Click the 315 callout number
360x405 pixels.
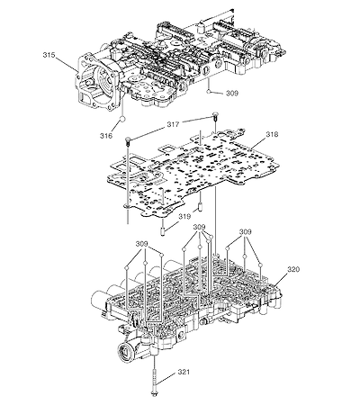click(49, 55)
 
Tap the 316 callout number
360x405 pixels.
click(106, 136)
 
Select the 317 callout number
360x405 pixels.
click(173, 124)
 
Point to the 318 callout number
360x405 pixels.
click(272, 134)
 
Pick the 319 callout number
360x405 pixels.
click(185, 216)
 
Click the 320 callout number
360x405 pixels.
click(293, 269)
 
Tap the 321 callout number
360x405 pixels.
click(184, 372)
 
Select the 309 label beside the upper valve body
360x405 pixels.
click(232, 94)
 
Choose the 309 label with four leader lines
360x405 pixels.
click(199, 227)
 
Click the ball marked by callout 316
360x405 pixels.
click(122, 120)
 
